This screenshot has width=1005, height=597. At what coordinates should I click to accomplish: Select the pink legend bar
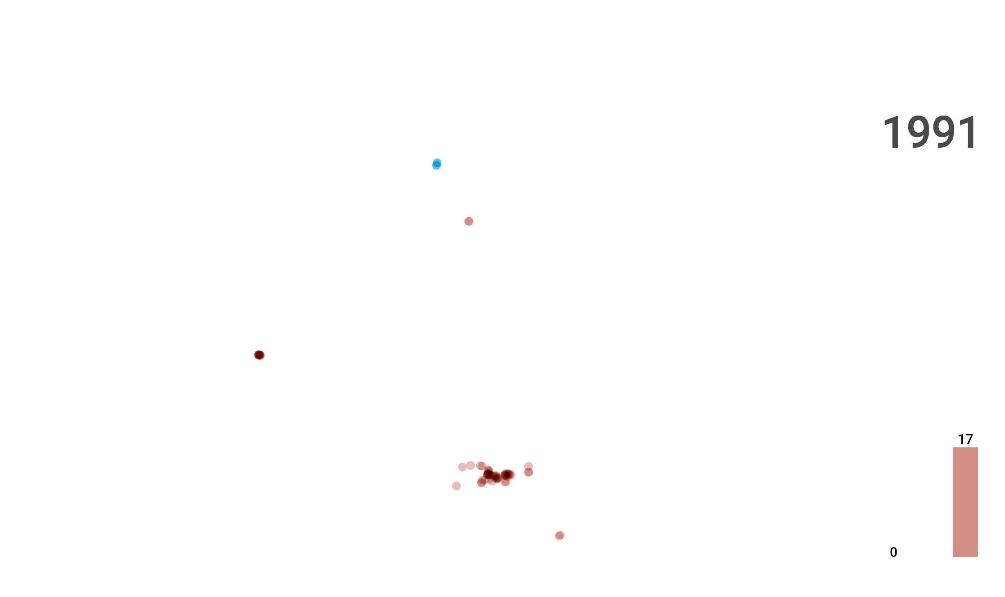[x=965, y=502]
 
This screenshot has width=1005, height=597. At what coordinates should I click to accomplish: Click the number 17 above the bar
[x=965, y=439]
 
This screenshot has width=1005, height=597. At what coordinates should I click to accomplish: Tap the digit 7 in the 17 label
[x=969, y=439]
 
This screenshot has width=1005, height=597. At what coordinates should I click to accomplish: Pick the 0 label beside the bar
[x=893, y=552]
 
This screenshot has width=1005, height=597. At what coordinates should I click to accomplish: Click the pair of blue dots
[x=437, y=164]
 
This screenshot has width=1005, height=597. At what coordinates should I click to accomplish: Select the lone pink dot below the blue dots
[x=469, y=221]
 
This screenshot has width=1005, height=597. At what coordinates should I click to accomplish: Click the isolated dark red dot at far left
[x=259, y=355]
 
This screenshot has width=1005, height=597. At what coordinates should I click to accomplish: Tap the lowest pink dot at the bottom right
[x=559, y=535]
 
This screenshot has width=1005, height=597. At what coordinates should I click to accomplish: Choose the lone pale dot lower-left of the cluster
[x=456, y=486]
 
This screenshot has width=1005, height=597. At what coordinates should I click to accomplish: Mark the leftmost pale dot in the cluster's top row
[x=462, y=467]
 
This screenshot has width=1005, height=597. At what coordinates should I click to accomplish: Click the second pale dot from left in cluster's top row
[x=471, y=466]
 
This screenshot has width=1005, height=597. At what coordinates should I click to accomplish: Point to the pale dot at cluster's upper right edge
[x=528, y=466]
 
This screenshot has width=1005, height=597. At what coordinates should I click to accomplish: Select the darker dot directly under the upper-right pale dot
[x=528, y=472]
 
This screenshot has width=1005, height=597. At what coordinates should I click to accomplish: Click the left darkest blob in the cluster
[x=488, y=474]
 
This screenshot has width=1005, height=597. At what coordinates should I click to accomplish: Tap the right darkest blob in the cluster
[x=507, y=474]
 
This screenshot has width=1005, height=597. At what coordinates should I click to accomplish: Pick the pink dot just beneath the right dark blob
[x=505, y=482]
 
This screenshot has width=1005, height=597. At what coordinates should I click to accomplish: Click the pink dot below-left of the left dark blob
[x=482, y=482]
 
